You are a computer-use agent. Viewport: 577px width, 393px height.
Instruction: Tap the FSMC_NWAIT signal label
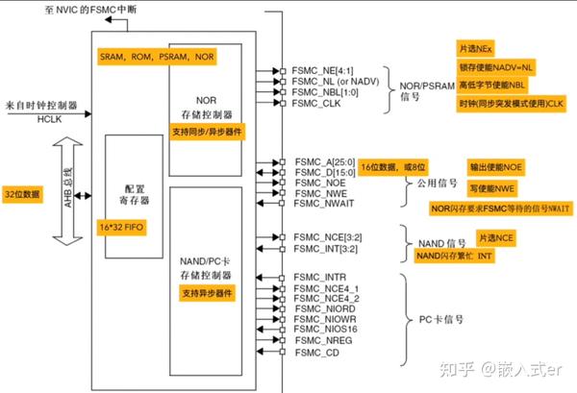tap(324, 203)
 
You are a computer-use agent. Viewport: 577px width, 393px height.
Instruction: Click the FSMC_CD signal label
tap(315, 353)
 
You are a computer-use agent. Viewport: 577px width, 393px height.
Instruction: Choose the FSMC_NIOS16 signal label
tap(326, 328)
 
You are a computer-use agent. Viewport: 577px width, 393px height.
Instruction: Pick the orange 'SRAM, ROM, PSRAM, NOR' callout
tap(157, 56)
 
